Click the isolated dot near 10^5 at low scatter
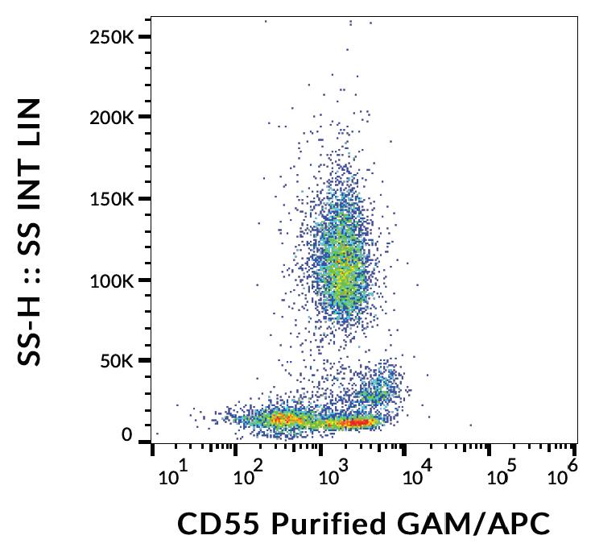470,425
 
